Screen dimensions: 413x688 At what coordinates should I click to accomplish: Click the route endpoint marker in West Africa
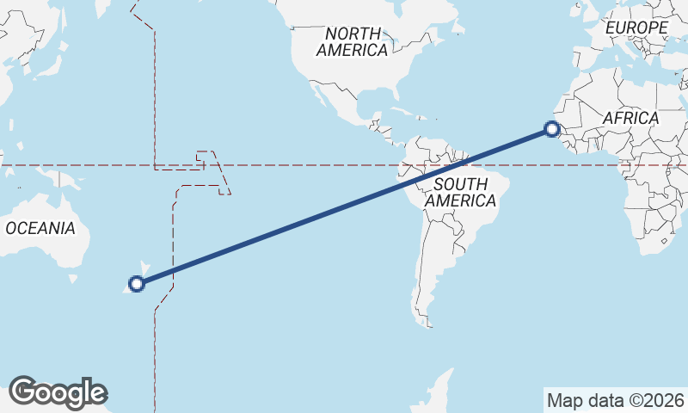coord(552,131)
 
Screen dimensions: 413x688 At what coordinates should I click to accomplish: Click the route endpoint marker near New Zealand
coord(136,283)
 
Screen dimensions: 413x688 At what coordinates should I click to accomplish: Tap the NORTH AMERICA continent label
coord(352,41)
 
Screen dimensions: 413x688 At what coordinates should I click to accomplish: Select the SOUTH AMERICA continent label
coord(461,192)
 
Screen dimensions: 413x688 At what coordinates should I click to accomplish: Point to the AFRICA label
coord(630,118)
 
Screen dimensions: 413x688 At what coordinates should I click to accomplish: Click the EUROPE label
coord(636,28)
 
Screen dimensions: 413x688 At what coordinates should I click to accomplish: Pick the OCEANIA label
coord(40,229)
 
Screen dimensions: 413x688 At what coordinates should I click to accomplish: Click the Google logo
coord(58,392)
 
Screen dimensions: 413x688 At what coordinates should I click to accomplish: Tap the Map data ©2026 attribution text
coord(615,400)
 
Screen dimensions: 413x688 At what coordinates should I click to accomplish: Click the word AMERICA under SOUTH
coord(461,200)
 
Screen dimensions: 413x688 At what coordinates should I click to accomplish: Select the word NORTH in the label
coord(352,33)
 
